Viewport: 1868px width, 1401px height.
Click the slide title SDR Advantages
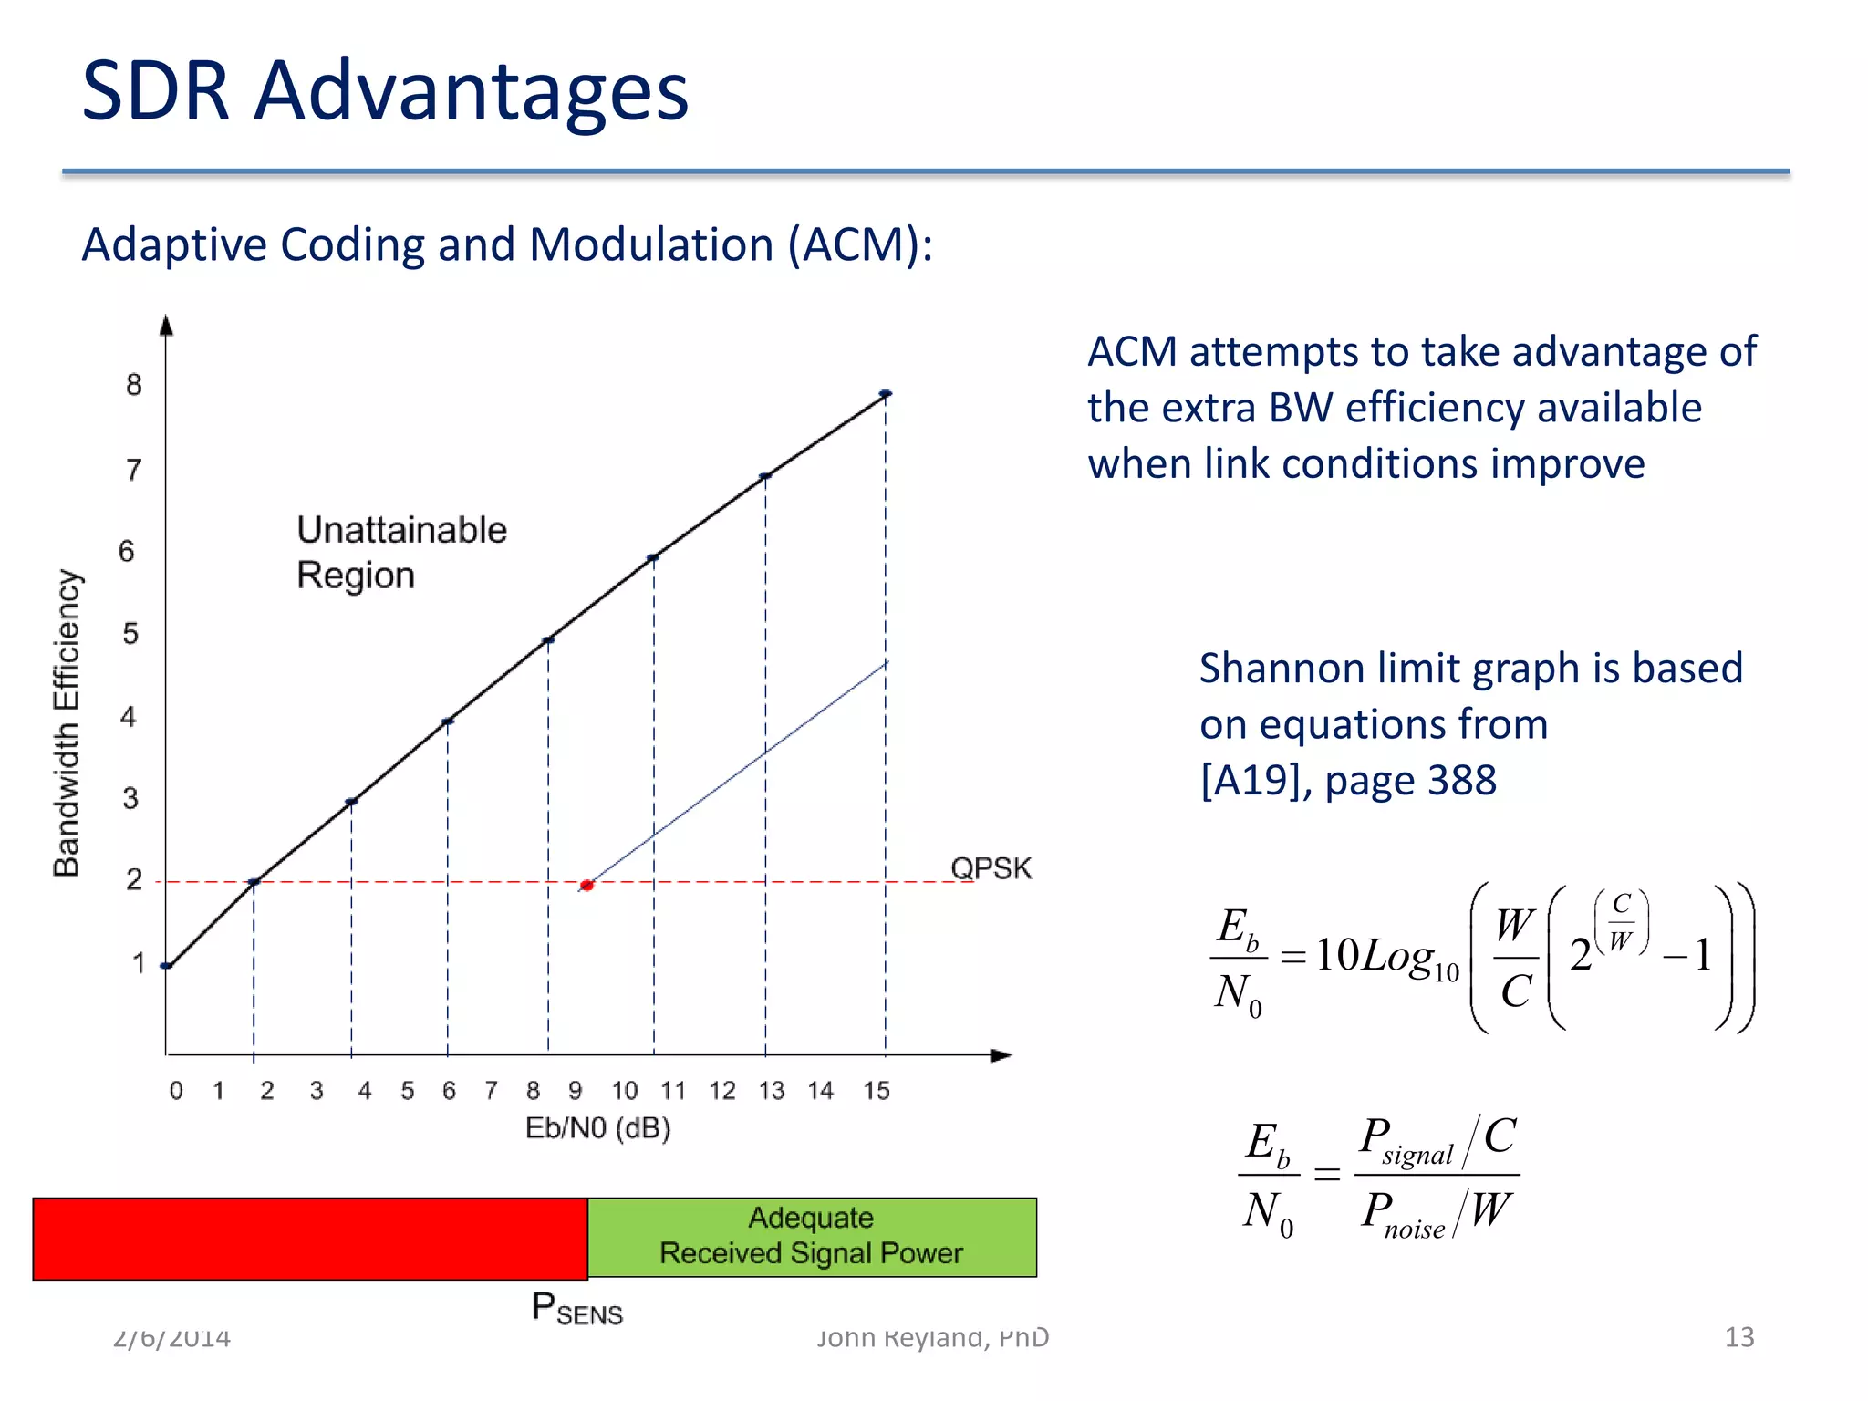384,90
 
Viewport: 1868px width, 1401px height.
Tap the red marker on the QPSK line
587,885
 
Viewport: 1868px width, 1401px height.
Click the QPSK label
991,867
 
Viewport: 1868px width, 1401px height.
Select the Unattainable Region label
401,553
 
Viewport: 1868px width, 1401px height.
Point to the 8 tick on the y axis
134,385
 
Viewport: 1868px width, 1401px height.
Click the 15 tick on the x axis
877,1090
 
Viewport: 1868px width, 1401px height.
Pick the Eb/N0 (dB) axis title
597,1128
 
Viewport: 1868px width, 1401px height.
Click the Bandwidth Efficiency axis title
67,722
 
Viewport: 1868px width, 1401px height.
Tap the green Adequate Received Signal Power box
812,1236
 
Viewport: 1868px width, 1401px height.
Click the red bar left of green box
310,1239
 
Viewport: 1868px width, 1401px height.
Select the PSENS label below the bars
576,1309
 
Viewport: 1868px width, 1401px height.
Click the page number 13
1738,1337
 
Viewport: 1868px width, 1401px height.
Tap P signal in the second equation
1406,1140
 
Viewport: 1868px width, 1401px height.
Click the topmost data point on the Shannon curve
885,394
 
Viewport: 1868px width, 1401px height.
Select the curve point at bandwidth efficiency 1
167,966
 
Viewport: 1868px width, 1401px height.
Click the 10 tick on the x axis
625,1090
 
